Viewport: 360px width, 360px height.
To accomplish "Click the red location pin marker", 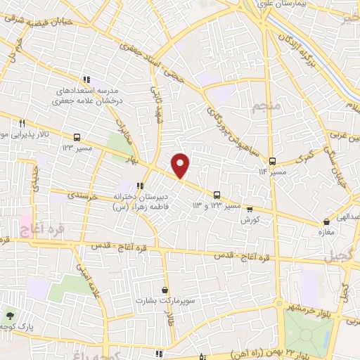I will [181, 165].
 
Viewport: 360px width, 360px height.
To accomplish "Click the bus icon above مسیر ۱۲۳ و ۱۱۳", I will [217, 195].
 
